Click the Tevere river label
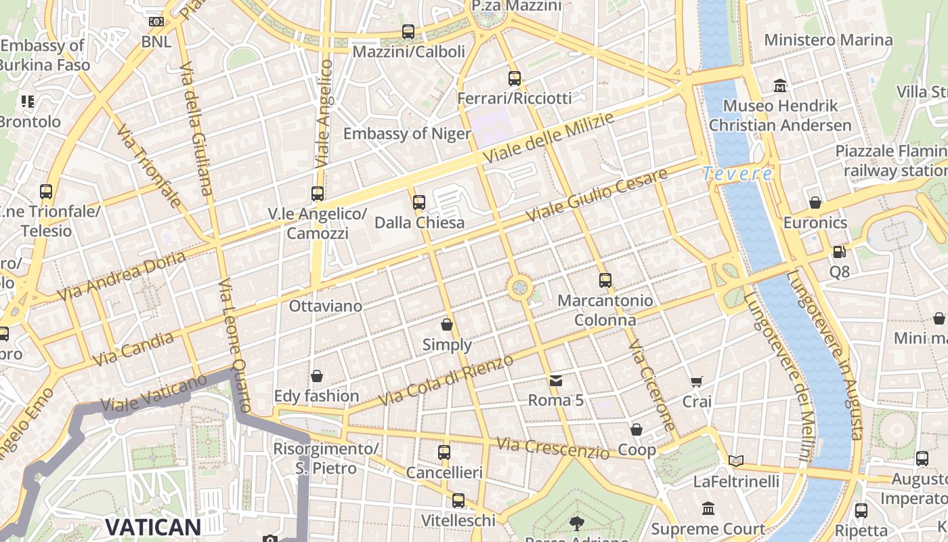tap(737, 174)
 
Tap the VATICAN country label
tap(153, 527)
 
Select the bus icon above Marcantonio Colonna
tap(605, 280)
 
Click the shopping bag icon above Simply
tap(447, 325)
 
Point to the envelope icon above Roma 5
tap(556, 380)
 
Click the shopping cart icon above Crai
tap(696, 382)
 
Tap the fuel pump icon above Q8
tap(839, 251)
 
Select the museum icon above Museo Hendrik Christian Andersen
tap(780, 86)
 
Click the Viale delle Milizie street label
tap(548, 138)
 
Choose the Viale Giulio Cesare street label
tap(597, 194)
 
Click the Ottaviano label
tap(326, 306)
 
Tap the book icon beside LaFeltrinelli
tap(736, 461)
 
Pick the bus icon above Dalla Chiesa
tap(419, 202)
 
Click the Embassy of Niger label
tap(407, 133)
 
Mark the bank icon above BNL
tap(156, 22)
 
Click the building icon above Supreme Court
tap(708, 508)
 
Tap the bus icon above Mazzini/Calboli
tap(408, 31)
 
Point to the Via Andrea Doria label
tap(121, 276)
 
